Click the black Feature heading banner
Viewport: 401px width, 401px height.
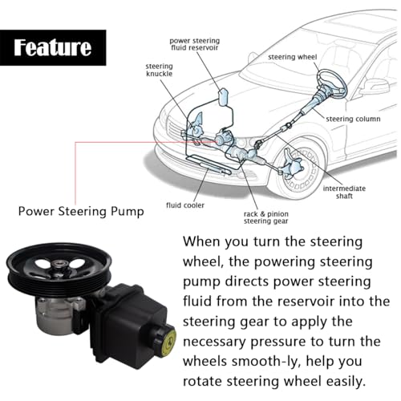point(53,47)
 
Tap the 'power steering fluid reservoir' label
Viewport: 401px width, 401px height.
point(195,44)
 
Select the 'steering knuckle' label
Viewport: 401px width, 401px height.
point(159,70)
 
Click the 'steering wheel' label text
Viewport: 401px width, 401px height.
point(292,57)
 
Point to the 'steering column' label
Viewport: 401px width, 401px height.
point(353,119)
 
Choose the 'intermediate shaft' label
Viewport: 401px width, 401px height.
point(344,192)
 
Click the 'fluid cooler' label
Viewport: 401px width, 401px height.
point(185,205)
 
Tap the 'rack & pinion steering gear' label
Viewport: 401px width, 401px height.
point(266,217)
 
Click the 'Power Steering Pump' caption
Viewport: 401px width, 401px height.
point(81,212)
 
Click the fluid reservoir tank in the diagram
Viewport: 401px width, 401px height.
point(223,97)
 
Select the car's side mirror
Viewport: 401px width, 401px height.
point(375,87)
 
